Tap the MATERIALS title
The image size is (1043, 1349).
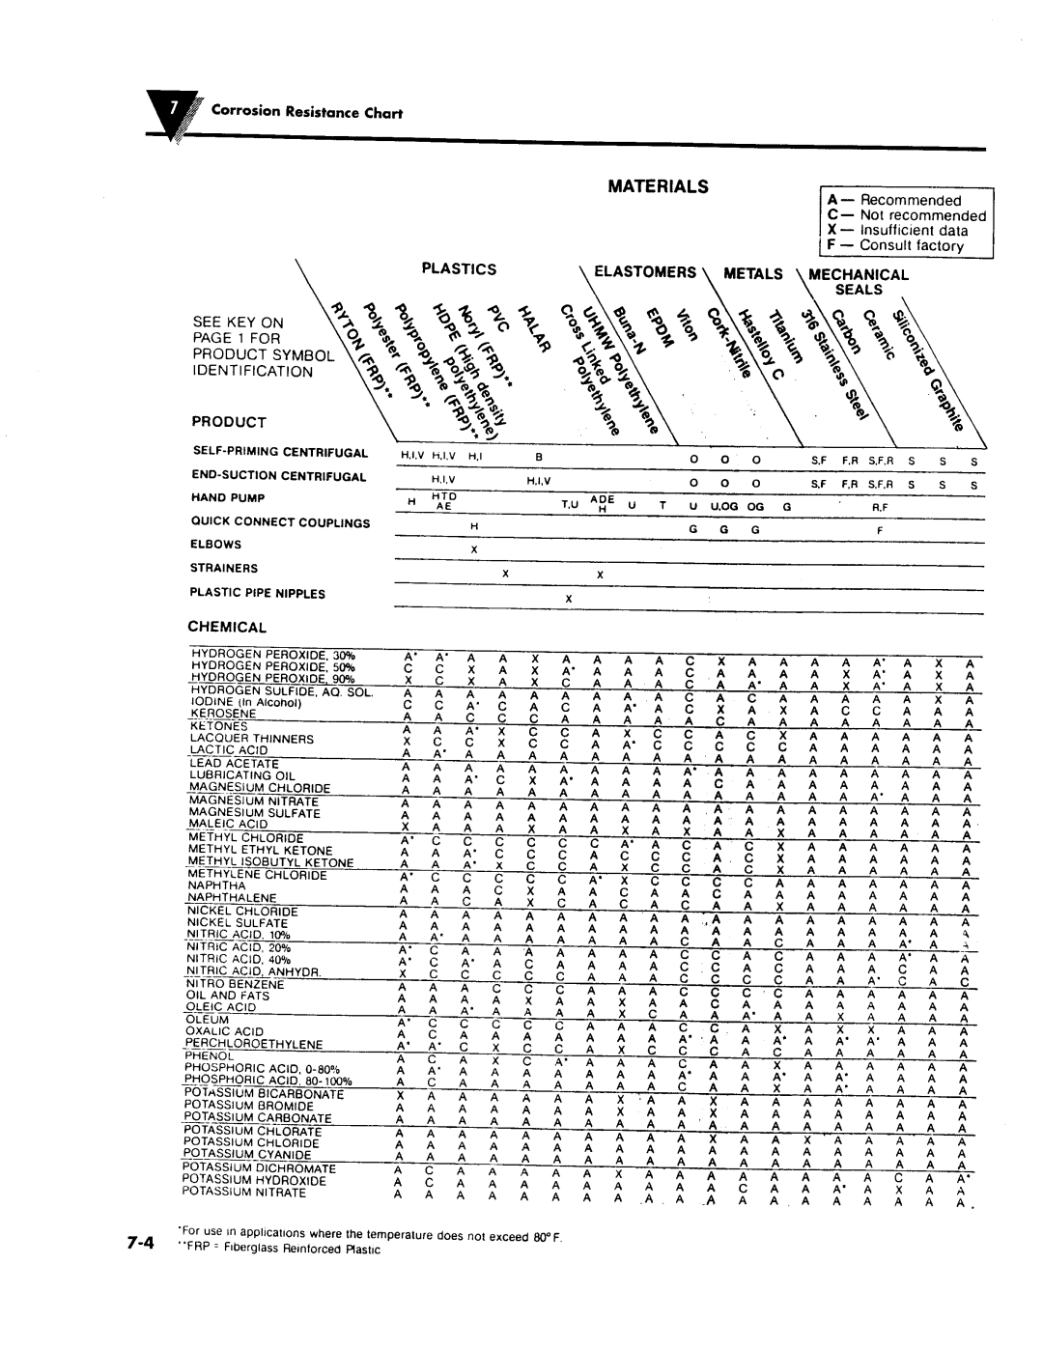click(660, 185)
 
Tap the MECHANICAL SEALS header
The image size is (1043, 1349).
click(859, 281)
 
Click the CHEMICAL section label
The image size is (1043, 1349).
click(226, 627)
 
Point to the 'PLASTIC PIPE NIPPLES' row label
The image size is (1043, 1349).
click(258, 593)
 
